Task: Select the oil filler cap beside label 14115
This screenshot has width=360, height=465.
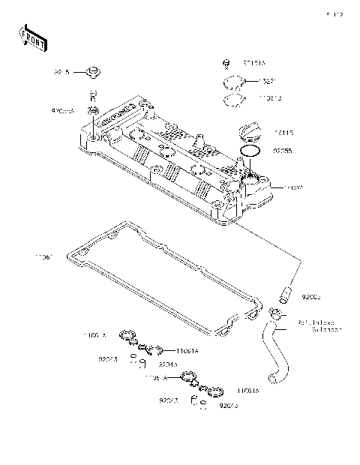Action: [247, 134]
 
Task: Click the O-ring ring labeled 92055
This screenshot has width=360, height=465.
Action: [251, 151]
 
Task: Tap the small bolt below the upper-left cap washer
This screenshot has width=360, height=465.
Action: [92, 94]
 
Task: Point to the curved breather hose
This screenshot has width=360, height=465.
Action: [271, 349]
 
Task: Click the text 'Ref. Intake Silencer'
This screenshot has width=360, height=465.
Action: [319, 325]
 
